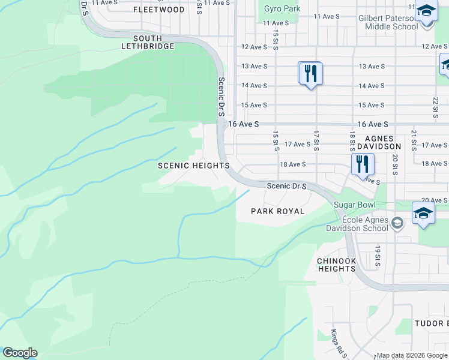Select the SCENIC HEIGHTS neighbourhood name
click(x=193, y=166)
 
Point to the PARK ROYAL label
click(x=278, y=211)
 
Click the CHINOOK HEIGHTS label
click(x=337, y=265)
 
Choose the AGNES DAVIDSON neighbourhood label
click(x=378, y=142)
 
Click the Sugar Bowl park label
click(x=354, y=205)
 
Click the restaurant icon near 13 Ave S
click(x=310, y=74)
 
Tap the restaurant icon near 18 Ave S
click(x=363, y=163)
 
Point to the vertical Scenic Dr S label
click(x=221, y=97)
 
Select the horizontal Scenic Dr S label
click(x=287, y=186)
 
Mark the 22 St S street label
click(x=435, y=109)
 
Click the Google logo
click(x=20, y=353)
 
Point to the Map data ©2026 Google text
click(x=412, y=355)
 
